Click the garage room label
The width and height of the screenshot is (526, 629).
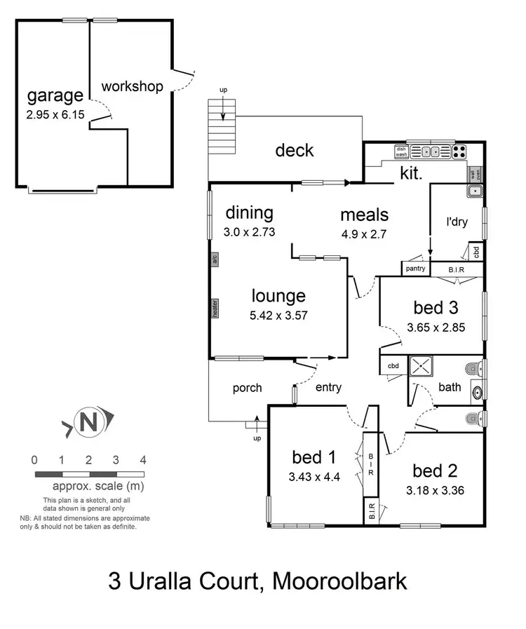point(55,95)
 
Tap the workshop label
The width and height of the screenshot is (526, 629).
point(132,87)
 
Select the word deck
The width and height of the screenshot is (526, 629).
point(294,150)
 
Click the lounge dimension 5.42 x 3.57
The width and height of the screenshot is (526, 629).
point(278,316)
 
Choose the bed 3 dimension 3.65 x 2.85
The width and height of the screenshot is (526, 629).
point(436,327)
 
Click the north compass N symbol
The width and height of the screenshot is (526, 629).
point(88,423)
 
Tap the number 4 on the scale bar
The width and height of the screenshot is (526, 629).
point(142,461)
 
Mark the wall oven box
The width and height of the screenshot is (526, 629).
point(475,174)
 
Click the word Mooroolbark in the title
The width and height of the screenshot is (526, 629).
point(340,581)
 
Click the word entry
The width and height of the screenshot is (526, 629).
point(329,388)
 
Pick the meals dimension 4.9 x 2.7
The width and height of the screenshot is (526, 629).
point(364,235)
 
